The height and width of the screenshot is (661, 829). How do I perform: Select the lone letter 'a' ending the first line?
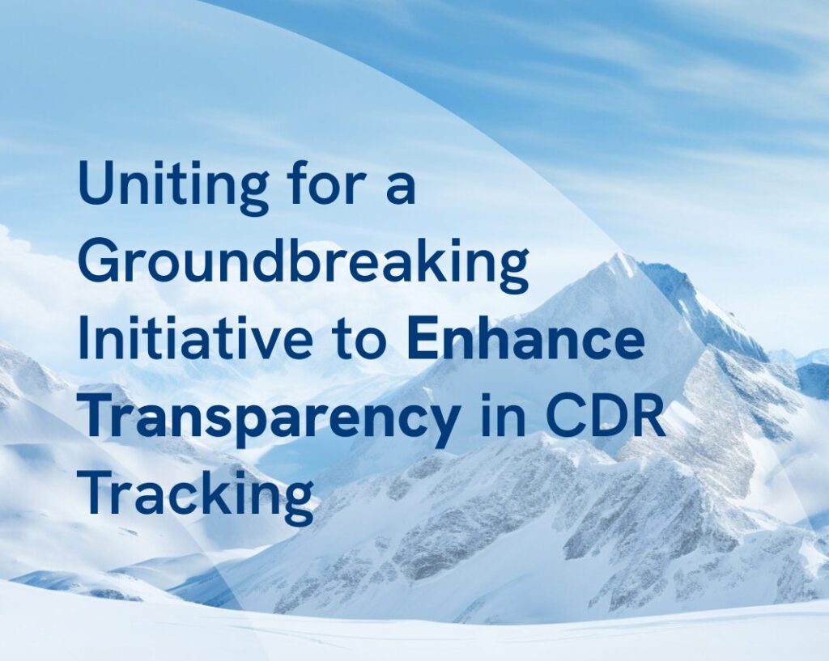pyautogui.click(x=400, y=188)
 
